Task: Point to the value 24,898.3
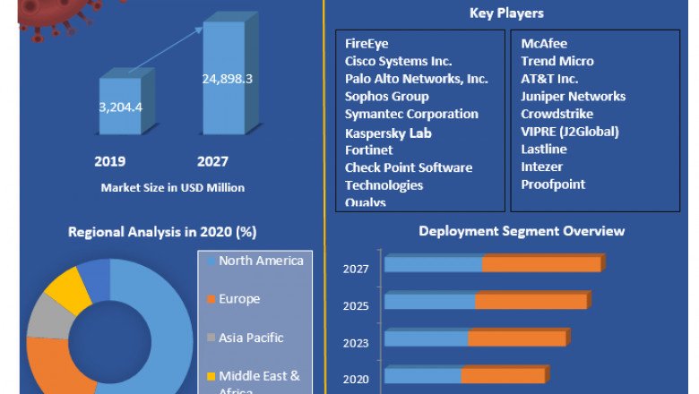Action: click(227, 79)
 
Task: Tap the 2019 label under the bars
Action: click(110, 162)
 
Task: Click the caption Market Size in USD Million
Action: click(173, 188)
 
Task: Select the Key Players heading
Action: click(506, 13)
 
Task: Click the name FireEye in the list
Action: click(367, 43)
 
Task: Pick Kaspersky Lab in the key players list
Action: click(388, 133)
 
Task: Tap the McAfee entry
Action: click(544, 43)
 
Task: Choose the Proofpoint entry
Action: click(553, 184)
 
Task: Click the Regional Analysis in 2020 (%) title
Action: click(162, 232)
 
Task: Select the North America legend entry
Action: click(261, 261)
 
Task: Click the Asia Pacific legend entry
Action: click(251, 338)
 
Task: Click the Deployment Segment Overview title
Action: click(522, 231)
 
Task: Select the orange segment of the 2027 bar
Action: click(542, 264)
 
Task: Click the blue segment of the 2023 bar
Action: click(427, 338)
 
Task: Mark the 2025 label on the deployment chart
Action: click(355, 305)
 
